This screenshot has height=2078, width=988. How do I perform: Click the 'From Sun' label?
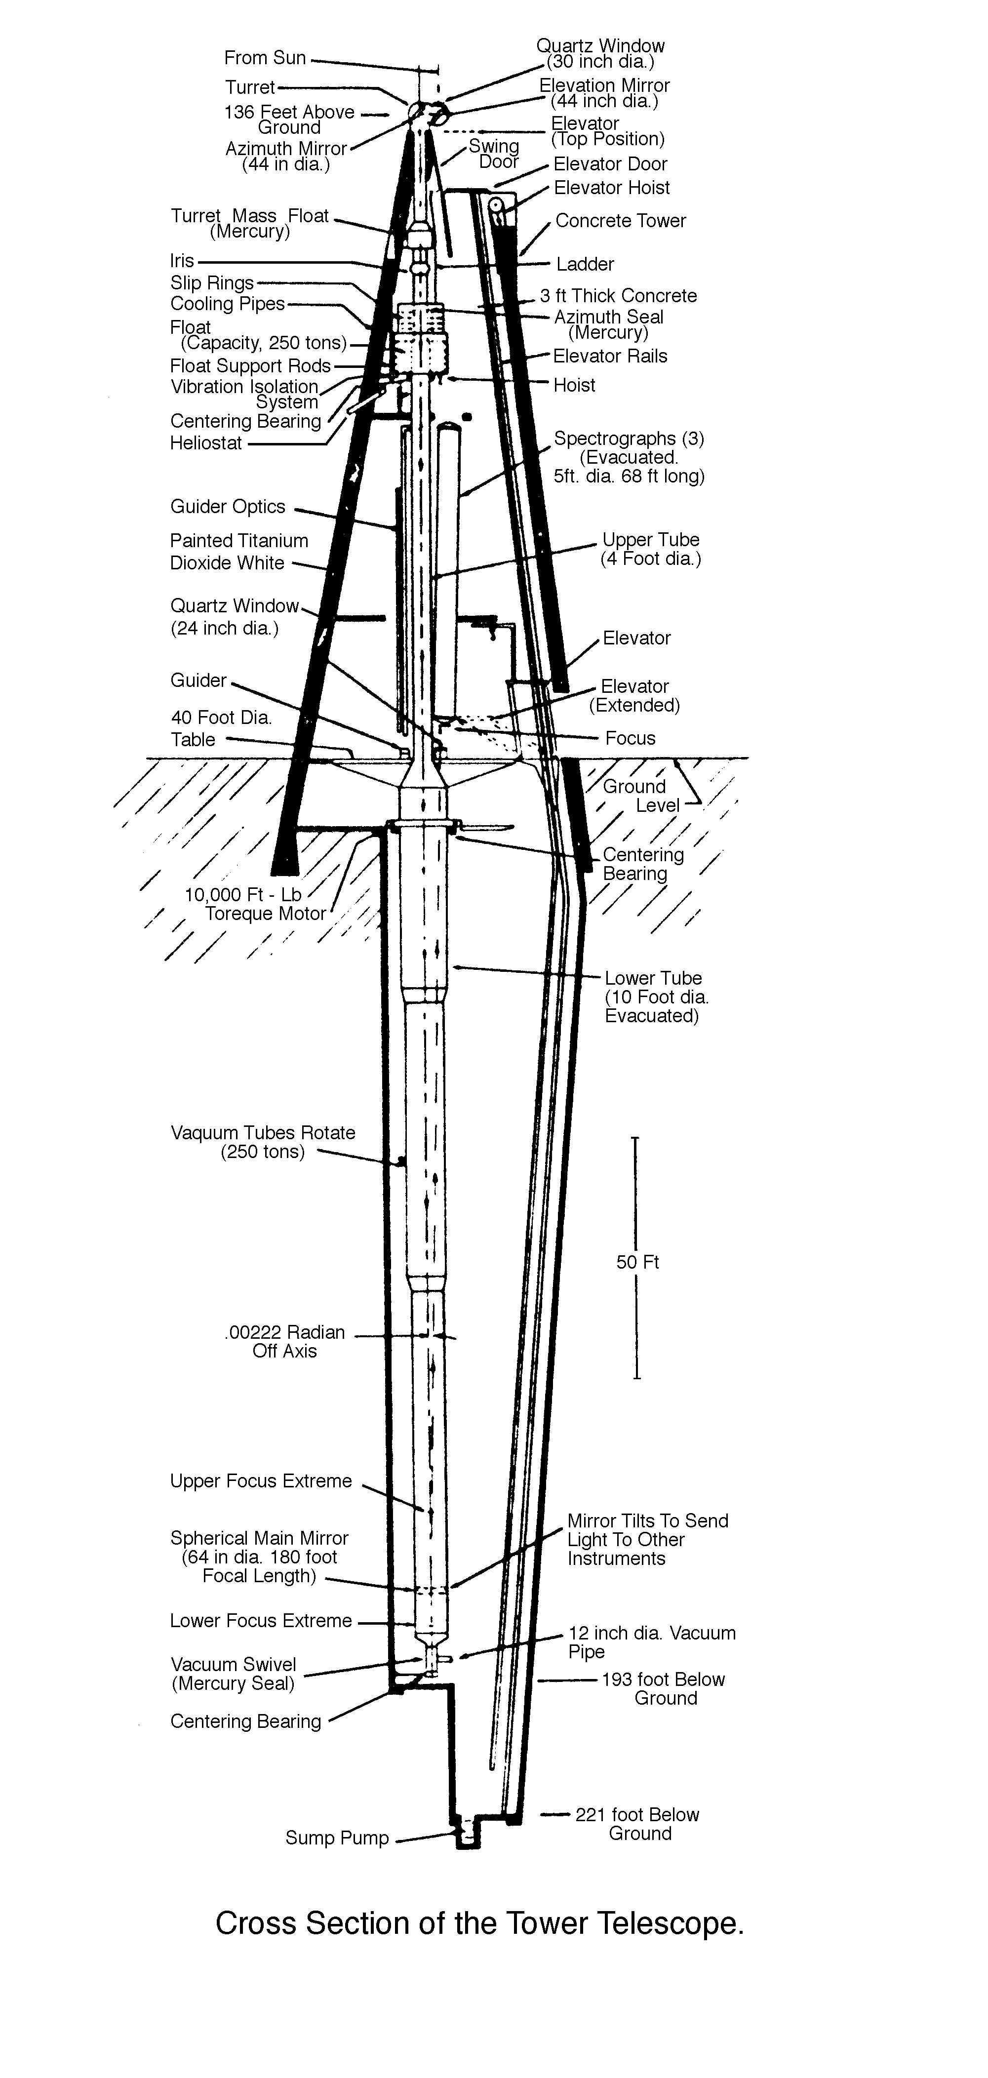pyautogui.click(x=265, y=58)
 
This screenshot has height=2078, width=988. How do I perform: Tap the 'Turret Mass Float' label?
pyautogui.click(x=249, y=223)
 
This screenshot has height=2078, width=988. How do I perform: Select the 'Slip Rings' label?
pyautogui.click(x=211, y=283)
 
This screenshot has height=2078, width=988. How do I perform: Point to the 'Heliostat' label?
pyautogui.click(x=206, y=443)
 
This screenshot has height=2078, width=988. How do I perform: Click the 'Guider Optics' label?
pyautogui.click(x=228, y=507)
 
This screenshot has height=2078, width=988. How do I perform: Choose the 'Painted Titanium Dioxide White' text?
pyautogui.click(x=239, y=552)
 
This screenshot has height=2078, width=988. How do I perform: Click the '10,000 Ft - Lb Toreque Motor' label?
pyautogui.click(x=254, y=904)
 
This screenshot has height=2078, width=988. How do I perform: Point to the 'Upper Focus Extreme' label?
pyautogui.click(x=261, y=1481)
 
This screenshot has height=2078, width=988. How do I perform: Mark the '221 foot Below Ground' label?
pyautogui.click(x=637, y=1824)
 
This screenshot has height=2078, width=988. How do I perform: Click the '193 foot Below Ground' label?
pyautogui.click(x=663, y=1688)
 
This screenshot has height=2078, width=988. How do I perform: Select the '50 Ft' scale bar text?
pyautogui.click(x=637, y=1262)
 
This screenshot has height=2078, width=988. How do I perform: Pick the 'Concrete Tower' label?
pyautogui.click(x=620, y=221)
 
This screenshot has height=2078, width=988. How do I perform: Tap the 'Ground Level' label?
pyautogui.click(x=641, y=796)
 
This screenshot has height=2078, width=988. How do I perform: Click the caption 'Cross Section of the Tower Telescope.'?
pyautogui.click(x=479, y=1924)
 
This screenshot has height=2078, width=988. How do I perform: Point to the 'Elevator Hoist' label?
pyautogui.click(x=611, y=188)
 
